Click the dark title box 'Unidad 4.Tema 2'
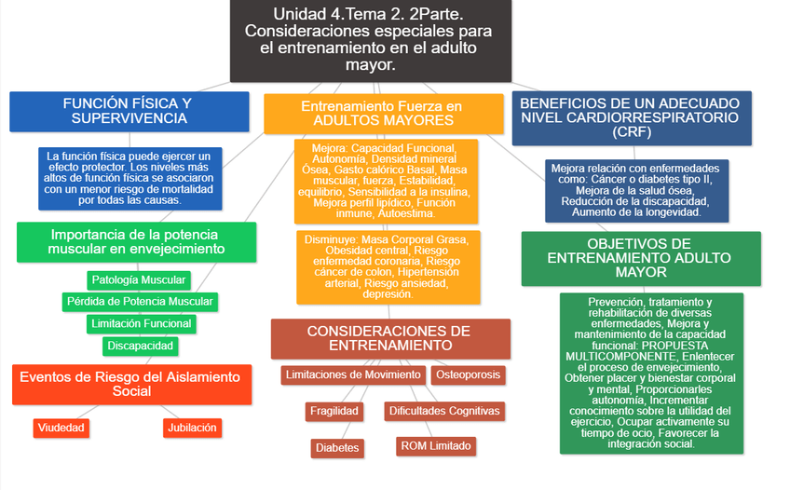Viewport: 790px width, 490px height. click(x=370, y=40)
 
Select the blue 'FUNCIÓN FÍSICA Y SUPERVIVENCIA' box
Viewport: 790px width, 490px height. click(x=129, y=111)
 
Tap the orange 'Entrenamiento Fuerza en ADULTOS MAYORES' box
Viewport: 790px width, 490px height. click(x=383, y=114)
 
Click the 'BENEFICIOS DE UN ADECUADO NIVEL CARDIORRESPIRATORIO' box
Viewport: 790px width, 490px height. click(x=631, y=117)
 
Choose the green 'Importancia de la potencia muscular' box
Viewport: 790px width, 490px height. click(x=136, y=242)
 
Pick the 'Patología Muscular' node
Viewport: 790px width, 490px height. click(x=139, y=279)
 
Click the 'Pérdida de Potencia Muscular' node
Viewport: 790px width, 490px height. click(x=140, y=302)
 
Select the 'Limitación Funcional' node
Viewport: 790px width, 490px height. click(x=141, y=324)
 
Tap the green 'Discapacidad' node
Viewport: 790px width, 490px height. click(x=140, y=346)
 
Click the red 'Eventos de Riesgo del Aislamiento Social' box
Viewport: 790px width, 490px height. click(x=131, y=384)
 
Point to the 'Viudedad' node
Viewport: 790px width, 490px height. click(x=61, y=428)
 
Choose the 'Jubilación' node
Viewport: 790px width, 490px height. click(x=192, y=428)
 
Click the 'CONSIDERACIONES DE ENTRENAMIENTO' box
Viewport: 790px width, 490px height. click(x=390, y=338)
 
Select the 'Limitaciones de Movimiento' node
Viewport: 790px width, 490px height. click(x=353, y=375)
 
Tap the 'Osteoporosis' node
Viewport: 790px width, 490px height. click(x=468, y=375)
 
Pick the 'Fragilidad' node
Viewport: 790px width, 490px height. click(x=334, y=411)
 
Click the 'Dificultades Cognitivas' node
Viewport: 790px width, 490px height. click(x=443, y=411)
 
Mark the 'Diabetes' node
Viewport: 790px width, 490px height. click(x=337, y=448)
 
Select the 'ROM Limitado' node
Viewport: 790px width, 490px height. click(x=435, y=446)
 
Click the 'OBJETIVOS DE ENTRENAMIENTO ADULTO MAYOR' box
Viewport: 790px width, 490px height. click(x=633, y=258)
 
